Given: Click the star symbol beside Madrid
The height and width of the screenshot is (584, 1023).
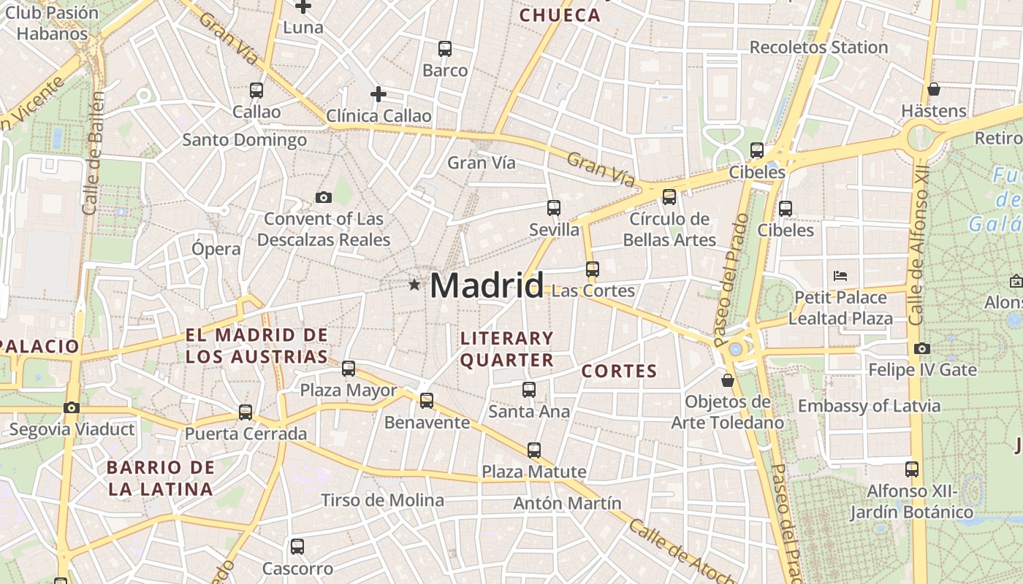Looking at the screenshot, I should point(414,285).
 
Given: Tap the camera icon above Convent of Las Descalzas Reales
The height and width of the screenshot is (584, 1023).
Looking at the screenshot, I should point(323,197).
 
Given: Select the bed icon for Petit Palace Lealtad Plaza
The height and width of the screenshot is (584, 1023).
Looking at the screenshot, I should point(840,276).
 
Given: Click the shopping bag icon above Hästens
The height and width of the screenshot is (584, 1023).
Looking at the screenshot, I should point(933,90).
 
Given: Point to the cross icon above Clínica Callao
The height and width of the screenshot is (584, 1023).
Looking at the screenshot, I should point(378,94).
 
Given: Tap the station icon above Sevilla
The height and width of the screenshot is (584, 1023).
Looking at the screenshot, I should point(554,208).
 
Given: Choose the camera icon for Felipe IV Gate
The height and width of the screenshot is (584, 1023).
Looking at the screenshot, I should point(922,348).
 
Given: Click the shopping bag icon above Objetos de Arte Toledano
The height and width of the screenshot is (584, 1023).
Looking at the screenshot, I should point(727,380).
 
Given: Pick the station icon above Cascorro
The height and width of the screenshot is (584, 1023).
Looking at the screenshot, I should point(297,546).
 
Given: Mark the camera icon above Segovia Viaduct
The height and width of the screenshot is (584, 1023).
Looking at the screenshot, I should point(71,407).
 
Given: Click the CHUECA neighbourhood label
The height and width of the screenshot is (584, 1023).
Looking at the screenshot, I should point(560,15).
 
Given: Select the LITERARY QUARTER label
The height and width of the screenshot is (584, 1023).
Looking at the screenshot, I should point(507,349).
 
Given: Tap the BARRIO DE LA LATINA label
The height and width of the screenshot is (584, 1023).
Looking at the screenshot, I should point(161,478).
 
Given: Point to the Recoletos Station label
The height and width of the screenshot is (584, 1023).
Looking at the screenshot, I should point(818,47).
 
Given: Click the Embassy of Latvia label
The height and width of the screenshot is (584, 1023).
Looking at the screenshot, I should point(869,406).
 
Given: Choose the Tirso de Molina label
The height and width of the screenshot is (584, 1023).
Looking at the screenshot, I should point(383,500).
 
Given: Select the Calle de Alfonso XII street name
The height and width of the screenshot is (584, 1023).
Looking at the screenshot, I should point(918,255).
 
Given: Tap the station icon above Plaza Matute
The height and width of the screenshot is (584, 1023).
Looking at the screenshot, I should point(534,450).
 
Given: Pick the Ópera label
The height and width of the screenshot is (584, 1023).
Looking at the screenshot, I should point(216,249).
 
